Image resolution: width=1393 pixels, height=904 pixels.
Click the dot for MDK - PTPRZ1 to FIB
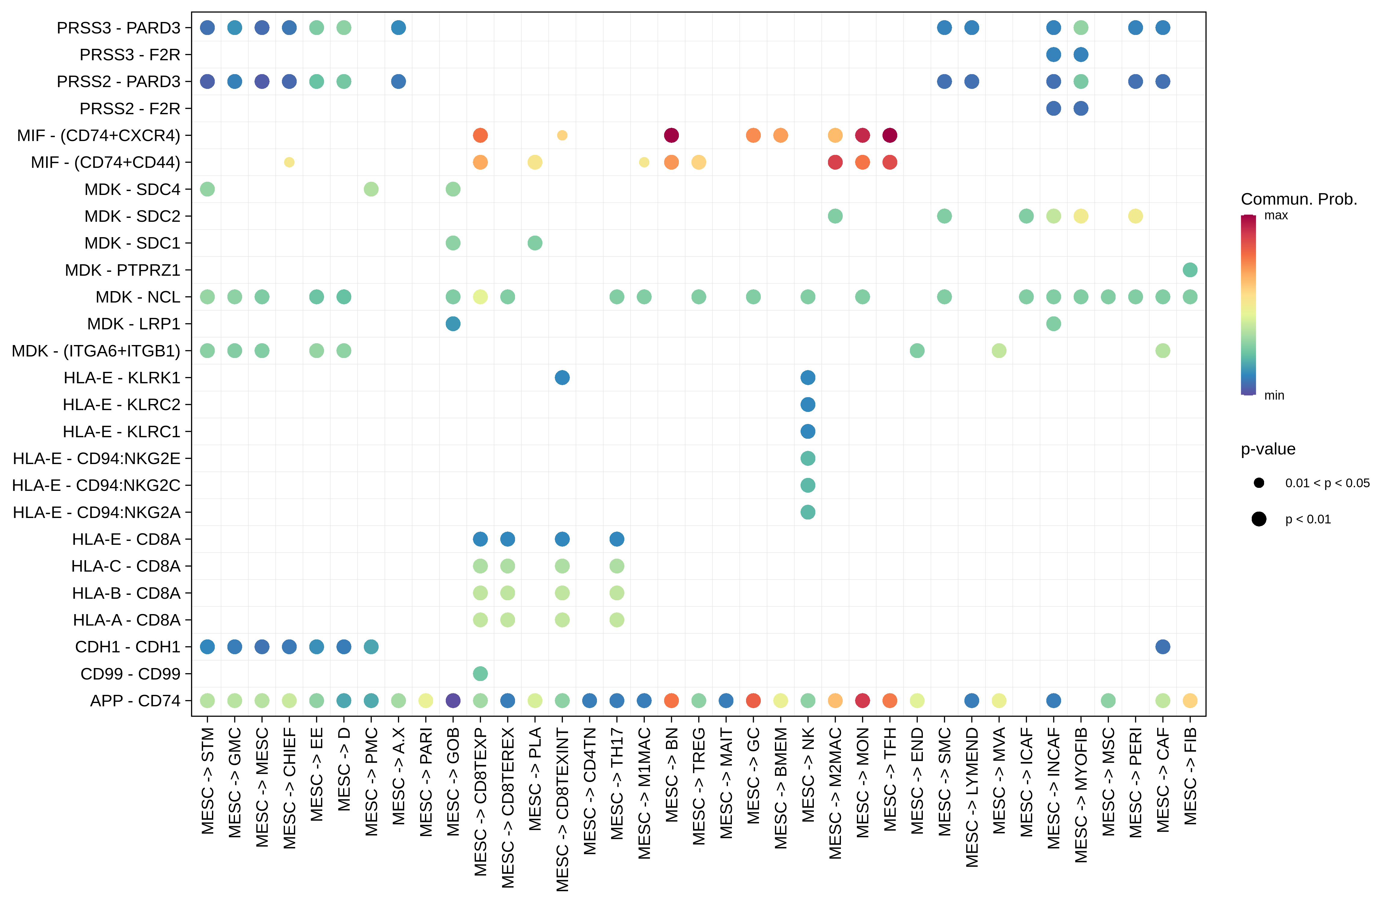point(1189,270)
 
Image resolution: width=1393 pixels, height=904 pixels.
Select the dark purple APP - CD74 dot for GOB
point(452,700)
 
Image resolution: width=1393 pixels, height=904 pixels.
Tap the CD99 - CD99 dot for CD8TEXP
point(480,673)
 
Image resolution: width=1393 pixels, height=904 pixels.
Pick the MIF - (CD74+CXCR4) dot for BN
point(671,135)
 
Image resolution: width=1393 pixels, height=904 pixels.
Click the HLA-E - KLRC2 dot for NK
point(808,405)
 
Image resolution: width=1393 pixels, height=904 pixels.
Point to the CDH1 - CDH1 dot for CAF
point(1162,646)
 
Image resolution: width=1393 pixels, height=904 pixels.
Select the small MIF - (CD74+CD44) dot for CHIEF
point(289,162)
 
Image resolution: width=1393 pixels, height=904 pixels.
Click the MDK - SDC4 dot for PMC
point(371,189)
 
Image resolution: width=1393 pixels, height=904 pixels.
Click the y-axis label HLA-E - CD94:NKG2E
point(97,458)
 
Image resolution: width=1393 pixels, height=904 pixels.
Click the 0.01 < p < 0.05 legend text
point(1327,483)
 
